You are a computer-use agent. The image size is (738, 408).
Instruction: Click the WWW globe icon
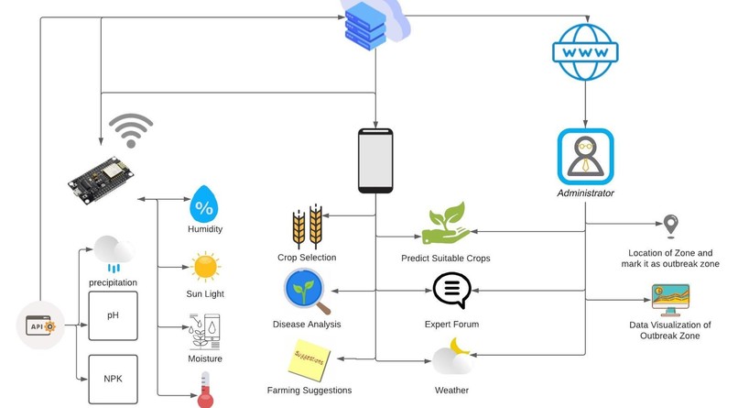click(x=585, y=52)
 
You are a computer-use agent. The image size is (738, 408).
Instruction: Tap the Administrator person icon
click(x=585, y=157)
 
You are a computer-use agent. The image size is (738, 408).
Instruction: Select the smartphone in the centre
click(x=375, y=160)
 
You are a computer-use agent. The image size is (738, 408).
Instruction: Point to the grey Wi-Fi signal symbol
click(x=131, y=130)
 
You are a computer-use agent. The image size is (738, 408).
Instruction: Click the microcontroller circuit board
click(x=101, y=180)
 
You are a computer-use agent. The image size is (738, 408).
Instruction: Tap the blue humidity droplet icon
click(x=204, y=204)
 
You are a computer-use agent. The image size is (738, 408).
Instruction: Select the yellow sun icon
click(x=205, y=267)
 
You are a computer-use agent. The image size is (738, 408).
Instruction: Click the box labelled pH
click(x=113, y=315)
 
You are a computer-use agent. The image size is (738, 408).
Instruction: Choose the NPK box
click(x=113, y=380)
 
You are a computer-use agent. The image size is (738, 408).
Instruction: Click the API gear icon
click(x=40, y=325)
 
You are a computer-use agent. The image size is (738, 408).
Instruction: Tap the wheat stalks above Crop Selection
click(x=308, y=226)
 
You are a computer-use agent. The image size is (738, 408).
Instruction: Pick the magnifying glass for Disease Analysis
click(x=307, y=292)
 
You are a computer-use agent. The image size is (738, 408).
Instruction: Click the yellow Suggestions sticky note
click(x=309, y=360)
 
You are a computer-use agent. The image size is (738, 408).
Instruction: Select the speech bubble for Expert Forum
click(x=451, y=290)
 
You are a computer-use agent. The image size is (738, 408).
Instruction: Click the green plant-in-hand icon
click(x=446, y=224)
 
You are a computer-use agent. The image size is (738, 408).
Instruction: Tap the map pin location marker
click(x=670, y=226)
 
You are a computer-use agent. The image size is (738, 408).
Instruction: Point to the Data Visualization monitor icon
click(x=670, y=300)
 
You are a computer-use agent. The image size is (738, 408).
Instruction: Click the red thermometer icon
click(x=205, y=390)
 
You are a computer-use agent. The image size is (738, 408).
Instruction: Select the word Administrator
click(x=585, y=193)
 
